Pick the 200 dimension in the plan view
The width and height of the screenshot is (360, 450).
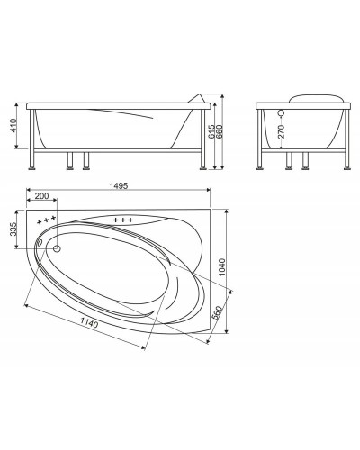click(x=41, y=197)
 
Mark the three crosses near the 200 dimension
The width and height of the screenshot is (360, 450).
click(x=45, y=220)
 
